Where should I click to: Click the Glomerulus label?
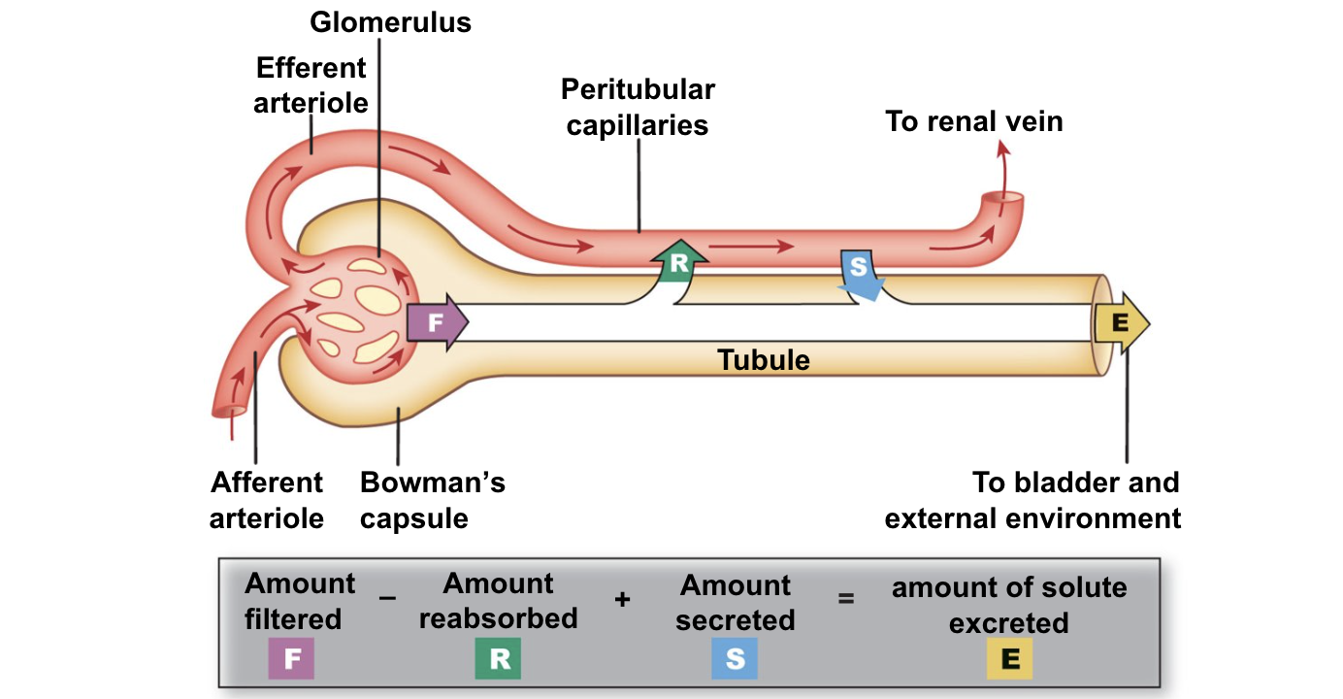[x=390, y=21]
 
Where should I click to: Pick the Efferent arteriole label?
[x=311, y=85]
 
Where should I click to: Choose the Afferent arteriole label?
[x=267, y=500]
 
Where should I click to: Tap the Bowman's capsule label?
[x=432, y=500]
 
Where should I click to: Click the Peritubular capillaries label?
[x=638, y=107]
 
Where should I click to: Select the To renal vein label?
[x=973, y=121]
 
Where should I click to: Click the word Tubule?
[x=764, y=360]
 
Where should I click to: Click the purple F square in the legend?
[x=291, y=660]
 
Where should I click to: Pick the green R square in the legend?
[x=499, y=659]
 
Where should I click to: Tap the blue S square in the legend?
[x=735, y=659]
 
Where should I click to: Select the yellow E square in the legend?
[x=1009, y=660]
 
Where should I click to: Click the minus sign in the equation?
[x=388, y=599]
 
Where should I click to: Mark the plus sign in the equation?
[x=622, y=600]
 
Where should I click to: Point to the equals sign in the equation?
[x=846, y=600]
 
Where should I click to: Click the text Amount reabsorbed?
[x=499, y=601]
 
